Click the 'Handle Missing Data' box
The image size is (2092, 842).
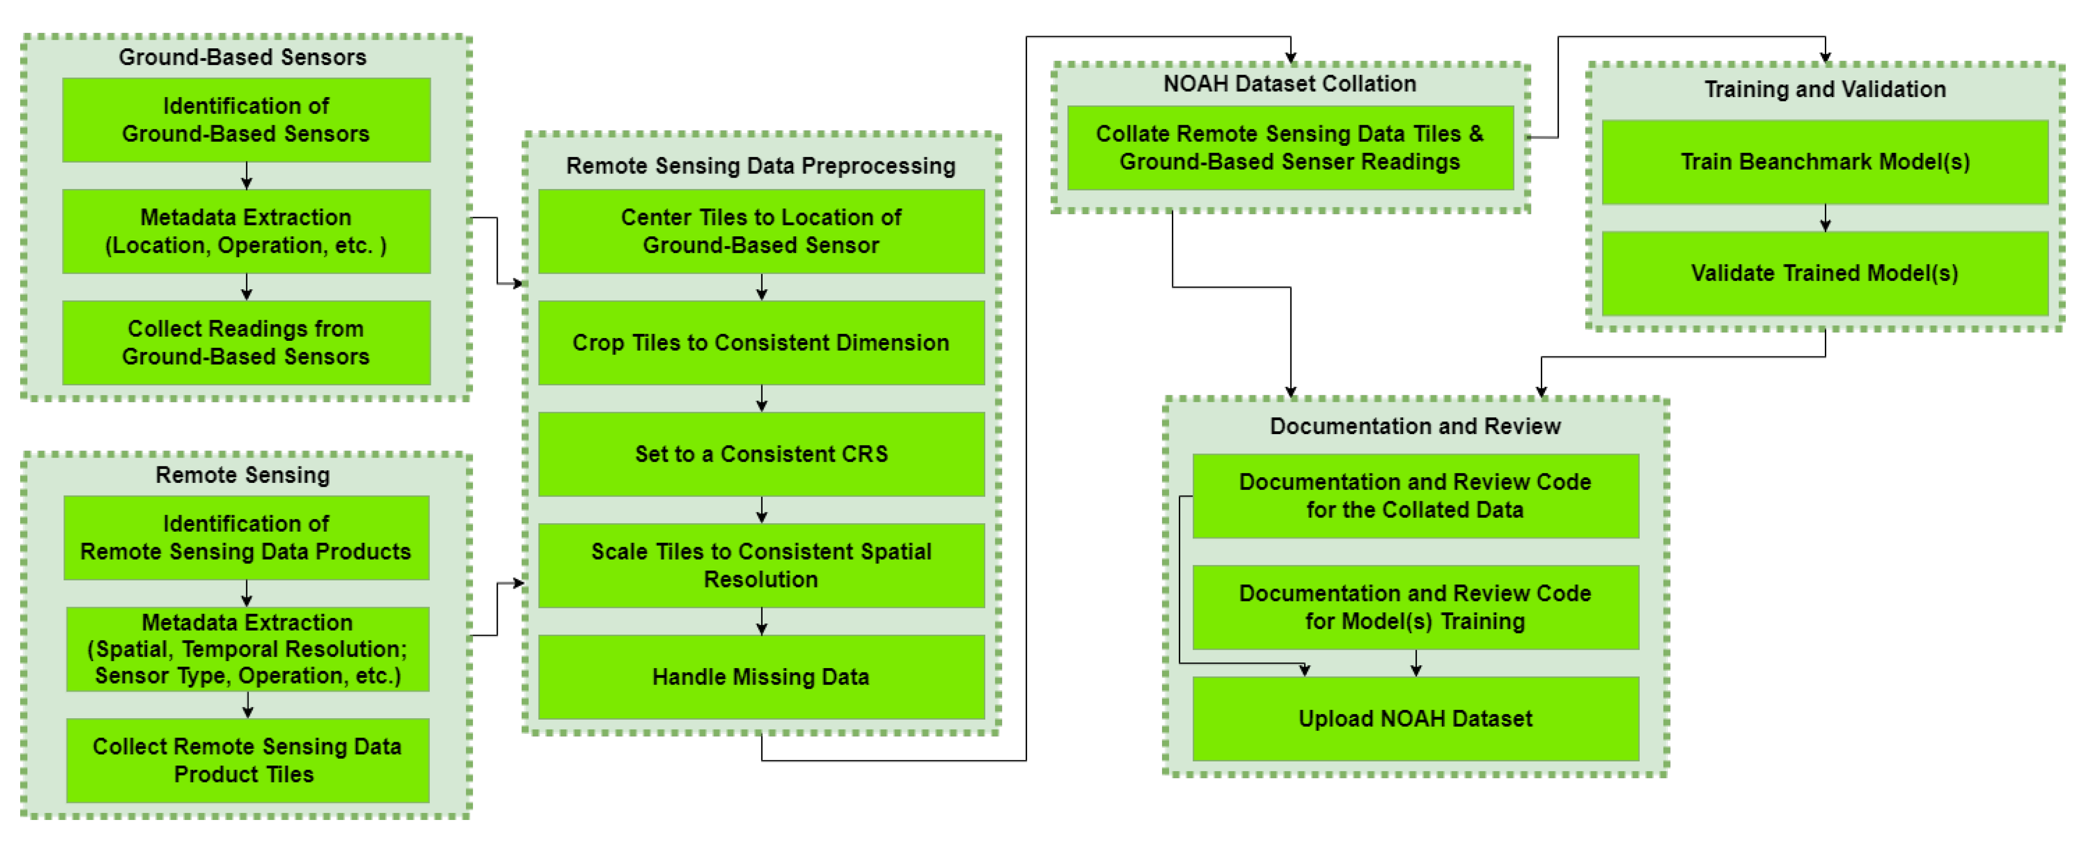point(761,677)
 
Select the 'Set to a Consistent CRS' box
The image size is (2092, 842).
point(761,454)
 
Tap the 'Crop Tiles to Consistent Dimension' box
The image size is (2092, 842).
point(761,343)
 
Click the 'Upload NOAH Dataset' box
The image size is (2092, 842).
point(1415,719)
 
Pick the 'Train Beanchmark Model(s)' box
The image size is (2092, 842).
point(1824,162)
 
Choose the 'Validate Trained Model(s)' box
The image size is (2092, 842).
point(1824,273)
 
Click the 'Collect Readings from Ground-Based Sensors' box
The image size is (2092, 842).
point(246,343)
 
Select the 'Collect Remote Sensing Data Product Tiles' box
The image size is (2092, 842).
point(247,760)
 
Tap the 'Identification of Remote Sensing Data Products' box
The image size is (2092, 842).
point(246,538)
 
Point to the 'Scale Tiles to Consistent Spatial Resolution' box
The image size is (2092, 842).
point(761,565)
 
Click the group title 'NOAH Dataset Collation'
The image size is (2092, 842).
point(1289,83)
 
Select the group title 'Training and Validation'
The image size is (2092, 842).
point(1824,90)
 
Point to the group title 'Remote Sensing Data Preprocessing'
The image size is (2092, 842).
point(760,165)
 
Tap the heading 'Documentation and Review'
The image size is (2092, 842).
point(1415,426)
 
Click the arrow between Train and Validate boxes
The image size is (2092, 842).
point(1825,218)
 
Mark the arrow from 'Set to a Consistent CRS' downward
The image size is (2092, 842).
point(761,510)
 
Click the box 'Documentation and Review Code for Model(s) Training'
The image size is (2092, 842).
point(1415,607)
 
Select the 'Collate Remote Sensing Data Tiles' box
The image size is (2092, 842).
point(1289,148)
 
